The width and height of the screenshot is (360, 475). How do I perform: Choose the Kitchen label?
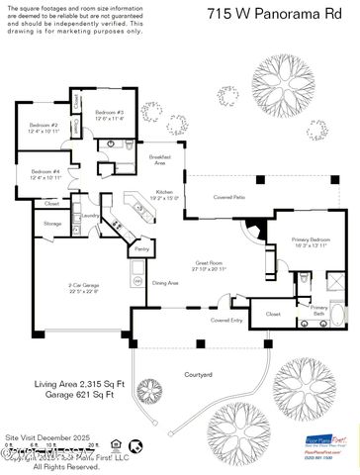coord(165,195)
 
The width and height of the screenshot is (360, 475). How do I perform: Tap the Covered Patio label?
coord(229,198)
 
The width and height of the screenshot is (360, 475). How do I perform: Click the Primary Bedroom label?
coord(310,242)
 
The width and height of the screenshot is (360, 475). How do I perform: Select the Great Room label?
coord(208,266)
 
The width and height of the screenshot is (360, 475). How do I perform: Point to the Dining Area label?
coord(165,283)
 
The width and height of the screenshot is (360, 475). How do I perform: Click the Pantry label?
coord(141,250)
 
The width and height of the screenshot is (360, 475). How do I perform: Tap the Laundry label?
coord(89,215)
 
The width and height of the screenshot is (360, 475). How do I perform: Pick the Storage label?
coord(52,224)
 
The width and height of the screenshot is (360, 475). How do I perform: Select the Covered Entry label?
coord(227,321)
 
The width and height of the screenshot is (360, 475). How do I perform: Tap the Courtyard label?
coord(201,374)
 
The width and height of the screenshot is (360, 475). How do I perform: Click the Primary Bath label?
coord(319,310)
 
